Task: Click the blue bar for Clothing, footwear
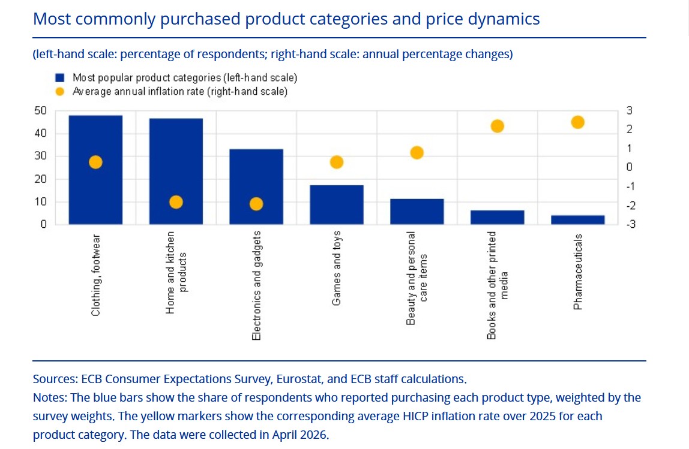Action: (95, 170)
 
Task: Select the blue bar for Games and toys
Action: (337, 204)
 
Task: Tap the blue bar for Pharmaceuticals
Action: (578, 220)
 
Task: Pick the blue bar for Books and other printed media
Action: (498, 217)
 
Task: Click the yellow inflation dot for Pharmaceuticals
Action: (578, 122)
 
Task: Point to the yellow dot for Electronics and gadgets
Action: (256, 204)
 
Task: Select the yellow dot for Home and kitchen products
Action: (176, 202)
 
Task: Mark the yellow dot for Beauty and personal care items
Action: (417, 153)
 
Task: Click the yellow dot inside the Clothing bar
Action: (95, 162)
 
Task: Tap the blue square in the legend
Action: (60, 78)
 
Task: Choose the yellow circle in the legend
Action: (60, 91)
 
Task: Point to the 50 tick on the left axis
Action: (40, 111)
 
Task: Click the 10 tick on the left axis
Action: (40, 202)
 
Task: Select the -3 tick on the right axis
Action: (631, 224)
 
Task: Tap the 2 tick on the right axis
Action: (629, 129)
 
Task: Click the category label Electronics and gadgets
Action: (256, 285)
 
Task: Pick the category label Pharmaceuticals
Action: (578, 272)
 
